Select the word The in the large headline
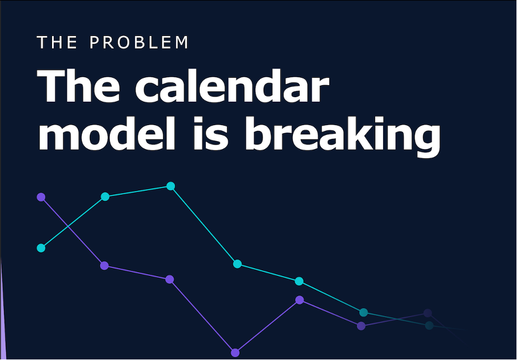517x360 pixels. pos(79,88)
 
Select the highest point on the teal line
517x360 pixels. pos(170,186)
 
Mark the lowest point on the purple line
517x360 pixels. pos(235,353)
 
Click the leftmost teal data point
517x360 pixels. pos(41,248)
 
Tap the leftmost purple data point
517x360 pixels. pos(41,197)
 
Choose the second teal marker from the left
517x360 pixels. pos(105,197)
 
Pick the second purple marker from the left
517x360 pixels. pos(104,266)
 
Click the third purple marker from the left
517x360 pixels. pos(169,279)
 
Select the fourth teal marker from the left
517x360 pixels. pos(237,264)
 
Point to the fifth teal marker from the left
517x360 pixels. pos(299,281)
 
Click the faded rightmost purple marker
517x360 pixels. pos(428,313)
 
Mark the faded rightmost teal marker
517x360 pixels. pos(429,326)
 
